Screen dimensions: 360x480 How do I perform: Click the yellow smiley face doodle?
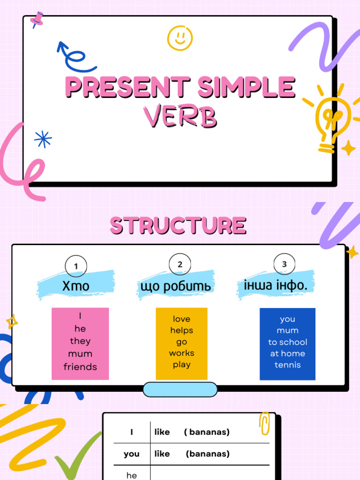point(180,38)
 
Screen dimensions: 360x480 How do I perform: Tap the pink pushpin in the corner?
point(37,19)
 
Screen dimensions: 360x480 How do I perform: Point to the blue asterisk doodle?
point(43,139)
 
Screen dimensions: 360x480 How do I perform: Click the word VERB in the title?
point(180,117)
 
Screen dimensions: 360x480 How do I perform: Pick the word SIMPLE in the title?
point(247,87)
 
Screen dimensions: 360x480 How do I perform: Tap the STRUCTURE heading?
point(178,225)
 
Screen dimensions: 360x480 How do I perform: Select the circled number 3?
point(285,264)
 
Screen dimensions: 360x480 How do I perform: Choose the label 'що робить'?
point(176,286)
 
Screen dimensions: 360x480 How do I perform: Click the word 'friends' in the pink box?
point(80,367)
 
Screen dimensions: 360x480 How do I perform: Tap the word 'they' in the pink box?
point(80,341)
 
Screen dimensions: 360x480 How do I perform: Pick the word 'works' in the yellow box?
point(181,353)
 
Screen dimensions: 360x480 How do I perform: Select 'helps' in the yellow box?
point(181,330)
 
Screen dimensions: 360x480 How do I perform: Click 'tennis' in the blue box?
point(287,365)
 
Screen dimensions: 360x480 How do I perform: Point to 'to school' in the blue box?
point(287,342)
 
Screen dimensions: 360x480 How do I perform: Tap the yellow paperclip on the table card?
point(264,423)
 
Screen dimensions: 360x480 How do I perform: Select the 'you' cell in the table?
point(132,454)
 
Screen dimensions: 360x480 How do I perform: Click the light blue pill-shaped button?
point(180,390)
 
